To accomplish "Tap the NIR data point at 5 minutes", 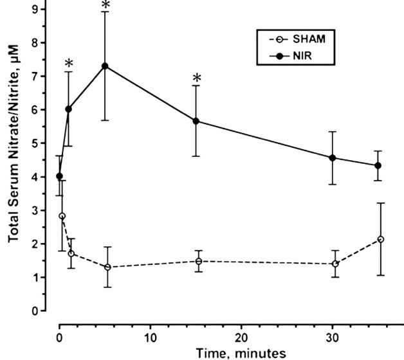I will coord(105,66).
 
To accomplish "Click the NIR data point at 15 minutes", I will coord(196,121).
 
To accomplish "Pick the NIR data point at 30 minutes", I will coord(333,157).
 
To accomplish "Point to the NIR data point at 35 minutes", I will coord(378,165).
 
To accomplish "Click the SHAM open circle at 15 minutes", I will coord(199,261).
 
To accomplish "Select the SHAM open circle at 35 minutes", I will coord(381,239).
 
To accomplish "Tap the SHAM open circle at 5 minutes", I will coord(107,267).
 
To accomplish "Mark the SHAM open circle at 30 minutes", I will coord(335,264).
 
